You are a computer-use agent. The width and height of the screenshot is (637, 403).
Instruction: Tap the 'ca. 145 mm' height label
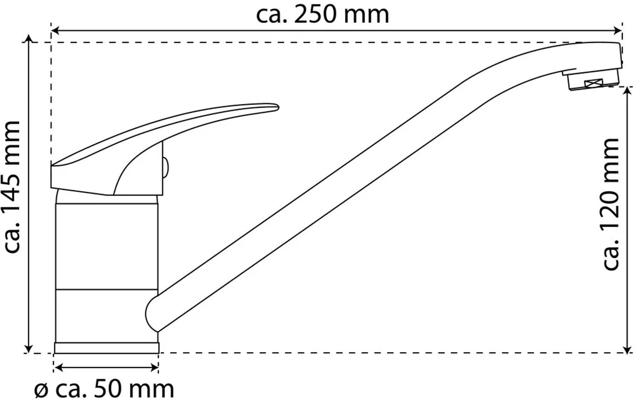[x=12, y=186]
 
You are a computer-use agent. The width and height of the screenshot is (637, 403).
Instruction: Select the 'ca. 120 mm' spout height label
[x=611, y=204]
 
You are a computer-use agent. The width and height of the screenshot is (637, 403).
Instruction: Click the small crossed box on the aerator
[x=594, y=83]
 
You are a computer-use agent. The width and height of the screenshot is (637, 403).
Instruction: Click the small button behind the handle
[x=166, y=168]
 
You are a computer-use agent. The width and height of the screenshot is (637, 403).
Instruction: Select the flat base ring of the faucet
[x=107, y=348]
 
